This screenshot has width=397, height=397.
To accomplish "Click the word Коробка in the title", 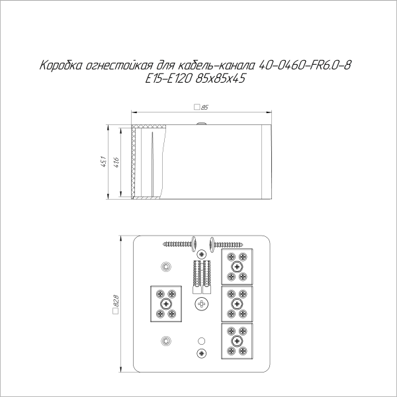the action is point(61,66).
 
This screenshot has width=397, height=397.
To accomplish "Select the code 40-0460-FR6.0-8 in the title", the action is point(305,66).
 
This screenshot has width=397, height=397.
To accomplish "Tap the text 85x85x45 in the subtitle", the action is point(220,79).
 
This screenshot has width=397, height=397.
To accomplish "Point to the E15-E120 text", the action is point(168,79).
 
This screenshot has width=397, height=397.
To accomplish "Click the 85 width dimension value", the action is point(204,108).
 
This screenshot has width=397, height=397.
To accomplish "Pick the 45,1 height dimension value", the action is point(104,162).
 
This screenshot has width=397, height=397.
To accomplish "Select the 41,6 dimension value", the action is point(116,162).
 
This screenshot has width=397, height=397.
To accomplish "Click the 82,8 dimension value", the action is point(116,301).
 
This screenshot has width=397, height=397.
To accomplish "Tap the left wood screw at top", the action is point(180,244).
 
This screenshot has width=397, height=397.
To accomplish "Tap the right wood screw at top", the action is point(226,244).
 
